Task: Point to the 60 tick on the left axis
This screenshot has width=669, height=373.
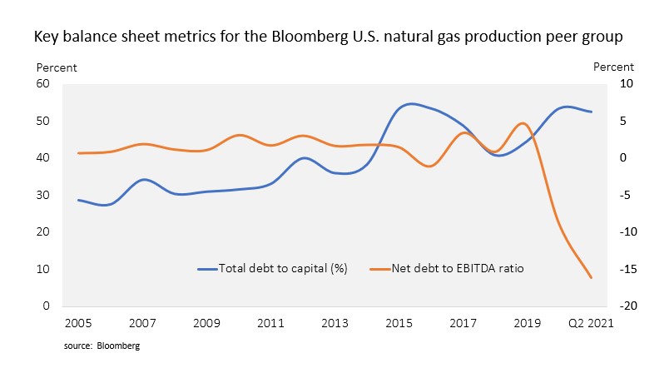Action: [43, 84]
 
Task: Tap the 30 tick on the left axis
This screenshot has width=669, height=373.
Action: [43, 195]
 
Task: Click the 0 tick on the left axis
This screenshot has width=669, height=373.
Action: [47, 306]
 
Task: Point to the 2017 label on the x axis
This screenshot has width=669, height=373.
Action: [463, 323]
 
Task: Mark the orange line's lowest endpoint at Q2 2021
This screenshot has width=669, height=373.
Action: [592, 278]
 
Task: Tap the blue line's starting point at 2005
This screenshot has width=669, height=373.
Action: [78, 200]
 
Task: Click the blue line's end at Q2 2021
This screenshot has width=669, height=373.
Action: [592, 112]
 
